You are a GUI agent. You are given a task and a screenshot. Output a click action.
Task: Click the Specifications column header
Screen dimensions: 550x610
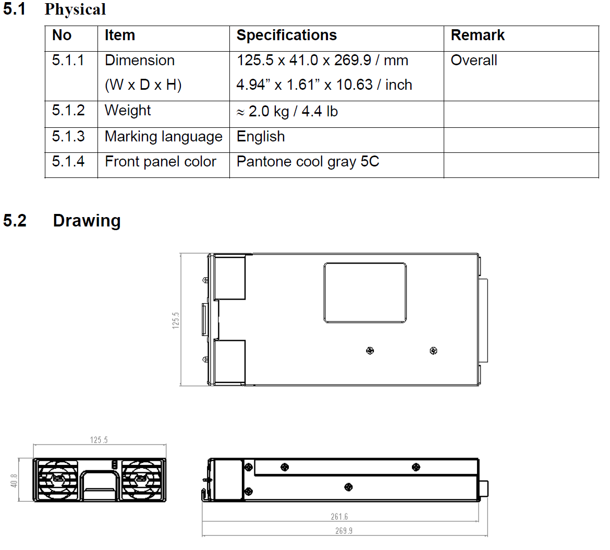click(286, 35)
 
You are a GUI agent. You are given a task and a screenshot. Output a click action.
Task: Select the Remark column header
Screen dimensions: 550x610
click(478, 35)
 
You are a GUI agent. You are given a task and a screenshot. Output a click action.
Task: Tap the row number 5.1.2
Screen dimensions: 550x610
click(68, 111)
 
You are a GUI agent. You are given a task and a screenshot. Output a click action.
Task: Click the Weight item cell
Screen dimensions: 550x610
click(128, 111)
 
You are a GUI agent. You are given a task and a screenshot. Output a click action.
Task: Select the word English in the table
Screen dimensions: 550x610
click(261, 137)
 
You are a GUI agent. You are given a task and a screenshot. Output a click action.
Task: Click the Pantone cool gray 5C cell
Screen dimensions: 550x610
click(308, 162)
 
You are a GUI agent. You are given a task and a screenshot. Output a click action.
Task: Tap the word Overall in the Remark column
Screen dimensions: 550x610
click(474, 61)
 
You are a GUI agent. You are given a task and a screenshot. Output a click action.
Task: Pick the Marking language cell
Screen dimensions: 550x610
click(163, 137)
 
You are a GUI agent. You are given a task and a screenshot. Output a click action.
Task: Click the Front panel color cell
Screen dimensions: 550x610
click(160, 162)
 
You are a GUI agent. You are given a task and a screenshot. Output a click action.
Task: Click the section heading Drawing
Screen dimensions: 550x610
click(87, 221)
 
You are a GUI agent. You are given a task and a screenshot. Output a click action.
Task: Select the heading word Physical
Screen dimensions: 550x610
click(75, 9)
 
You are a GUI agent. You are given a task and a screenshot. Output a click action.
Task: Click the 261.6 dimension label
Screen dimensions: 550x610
click(339, 517)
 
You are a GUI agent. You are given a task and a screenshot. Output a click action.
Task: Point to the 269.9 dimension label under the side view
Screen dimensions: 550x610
click(344, 531)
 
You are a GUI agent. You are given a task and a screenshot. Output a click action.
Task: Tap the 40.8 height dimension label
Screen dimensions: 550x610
click(14, 481)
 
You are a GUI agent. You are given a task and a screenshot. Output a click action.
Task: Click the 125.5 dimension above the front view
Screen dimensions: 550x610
click(99, 440)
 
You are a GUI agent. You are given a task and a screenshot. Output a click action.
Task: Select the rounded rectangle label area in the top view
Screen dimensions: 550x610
click(365, 293)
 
